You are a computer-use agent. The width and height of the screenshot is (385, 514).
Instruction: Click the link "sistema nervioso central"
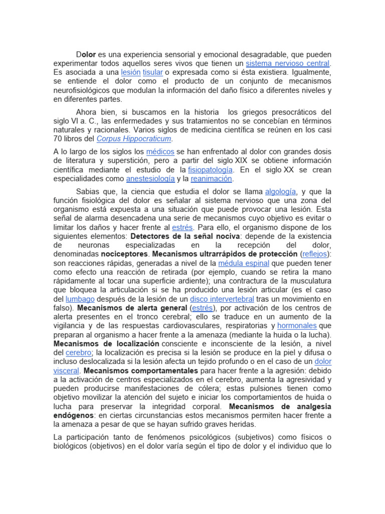coord(288,63)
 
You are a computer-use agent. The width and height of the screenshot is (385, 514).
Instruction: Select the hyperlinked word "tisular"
coord(152,72)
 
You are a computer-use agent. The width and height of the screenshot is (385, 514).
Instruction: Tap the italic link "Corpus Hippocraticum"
coord(134,139)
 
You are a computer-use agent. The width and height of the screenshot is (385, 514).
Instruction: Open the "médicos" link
coord(160,152)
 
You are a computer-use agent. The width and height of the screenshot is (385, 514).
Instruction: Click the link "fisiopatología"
coord(211,170)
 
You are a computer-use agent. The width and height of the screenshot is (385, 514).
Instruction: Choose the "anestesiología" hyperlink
coord(150,179)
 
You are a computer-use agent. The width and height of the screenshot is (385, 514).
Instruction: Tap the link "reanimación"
coord(212,179)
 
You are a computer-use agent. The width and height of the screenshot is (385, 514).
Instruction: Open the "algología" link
coord(281,191)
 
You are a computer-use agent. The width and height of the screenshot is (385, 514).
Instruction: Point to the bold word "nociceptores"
coord(124,254)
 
